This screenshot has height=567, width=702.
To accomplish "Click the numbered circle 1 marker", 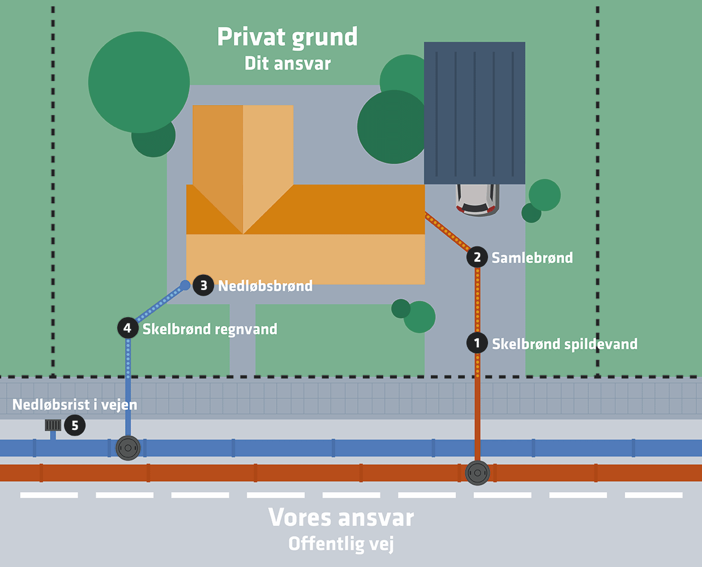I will coord(477,343).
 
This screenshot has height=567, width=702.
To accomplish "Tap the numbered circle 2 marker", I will coord(477,257).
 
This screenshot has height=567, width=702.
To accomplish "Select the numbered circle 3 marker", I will coord(203,285).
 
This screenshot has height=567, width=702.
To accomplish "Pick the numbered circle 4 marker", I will coord(127,328).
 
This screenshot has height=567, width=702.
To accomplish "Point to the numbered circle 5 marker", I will coord(75,425).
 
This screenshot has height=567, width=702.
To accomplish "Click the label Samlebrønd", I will coord(532,258).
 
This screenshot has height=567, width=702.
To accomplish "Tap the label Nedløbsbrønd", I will coord(265,286).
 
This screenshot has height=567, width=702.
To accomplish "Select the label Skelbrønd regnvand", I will coord(209,329).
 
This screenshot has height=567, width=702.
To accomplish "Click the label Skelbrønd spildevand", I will coord(564,344).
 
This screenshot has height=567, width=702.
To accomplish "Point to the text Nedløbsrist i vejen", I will coord(75,404).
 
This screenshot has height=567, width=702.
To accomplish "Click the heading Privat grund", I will coord(288,37).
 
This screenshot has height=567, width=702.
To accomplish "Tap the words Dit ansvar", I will coord(288,63).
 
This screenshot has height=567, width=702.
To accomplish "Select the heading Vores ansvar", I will coord(341,517).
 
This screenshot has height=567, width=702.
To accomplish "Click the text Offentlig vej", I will coord(341,544).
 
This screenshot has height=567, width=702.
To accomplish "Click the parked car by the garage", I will coord(477,199).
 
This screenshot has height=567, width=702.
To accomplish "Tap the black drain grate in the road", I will coord(53,425).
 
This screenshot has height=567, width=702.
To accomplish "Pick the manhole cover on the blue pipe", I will coord(128,448).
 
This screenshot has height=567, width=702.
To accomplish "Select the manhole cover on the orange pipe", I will coord(477,472).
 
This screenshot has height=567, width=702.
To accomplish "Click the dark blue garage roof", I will coord(474,113).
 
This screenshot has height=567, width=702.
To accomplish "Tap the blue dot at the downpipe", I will coord(185,285).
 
